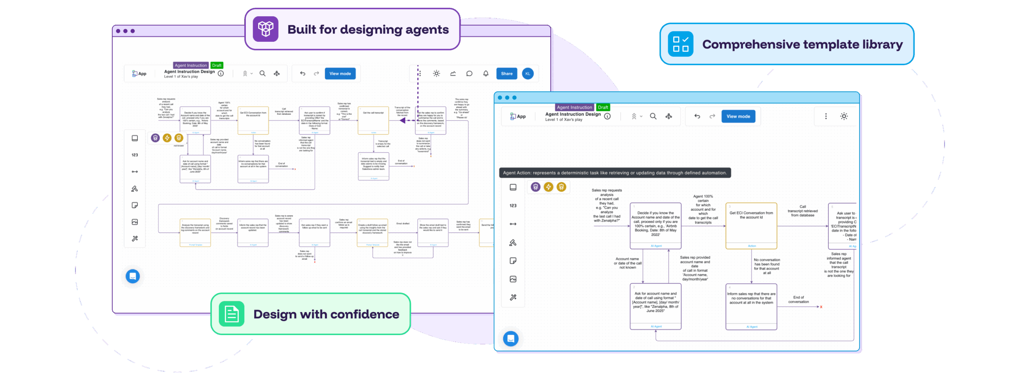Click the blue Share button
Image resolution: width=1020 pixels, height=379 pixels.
click(x=506, y=74)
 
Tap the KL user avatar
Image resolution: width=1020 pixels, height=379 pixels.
click(x=528, y=74)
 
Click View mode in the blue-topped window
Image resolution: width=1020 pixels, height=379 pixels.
click(x=738, y=116)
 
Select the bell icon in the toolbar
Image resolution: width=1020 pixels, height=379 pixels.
click(x=486, y=74)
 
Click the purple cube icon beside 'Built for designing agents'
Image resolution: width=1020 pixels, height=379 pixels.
click(x=265, y=29)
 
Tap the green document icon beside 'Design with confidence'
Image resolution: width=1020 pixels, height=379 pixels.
click(x=231, y=314)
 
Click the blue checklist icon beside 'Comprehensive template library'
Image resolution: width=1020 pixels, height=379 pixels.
click(x=680, y=44)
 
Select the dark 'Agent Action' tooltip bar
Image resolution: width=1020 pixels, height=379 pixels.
click(x=615, y=173)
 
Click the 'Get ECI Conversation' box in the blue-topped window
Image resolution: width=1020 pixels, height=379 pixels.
click(x=751, y=226)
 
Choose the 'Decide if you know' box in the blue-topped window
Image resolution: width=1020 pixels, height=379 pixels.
click(x=655, y=226)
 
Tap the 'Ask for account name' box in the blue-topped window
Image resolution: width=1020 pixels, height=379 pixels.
click(x=655, y=306)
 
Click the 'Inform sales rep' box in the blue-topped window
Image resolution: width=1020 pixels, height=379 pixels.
click(x=751, y=306)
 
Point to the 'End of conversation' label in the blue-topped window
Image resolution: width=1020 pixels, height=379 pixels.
click(x=798, y=299)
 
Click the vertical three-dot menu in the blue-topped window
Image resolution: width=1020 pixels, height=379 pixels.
click(x=826, y=116)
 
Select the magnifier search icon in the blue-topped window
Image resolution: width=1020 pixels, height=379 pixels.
click(x=653, y=116)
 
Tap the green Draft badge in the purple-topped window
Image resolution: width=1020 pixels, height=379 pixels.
click(x=217, y=65)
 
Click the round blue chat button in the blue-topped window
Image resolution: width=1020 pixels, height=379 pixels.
click(x=511, y=339)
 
